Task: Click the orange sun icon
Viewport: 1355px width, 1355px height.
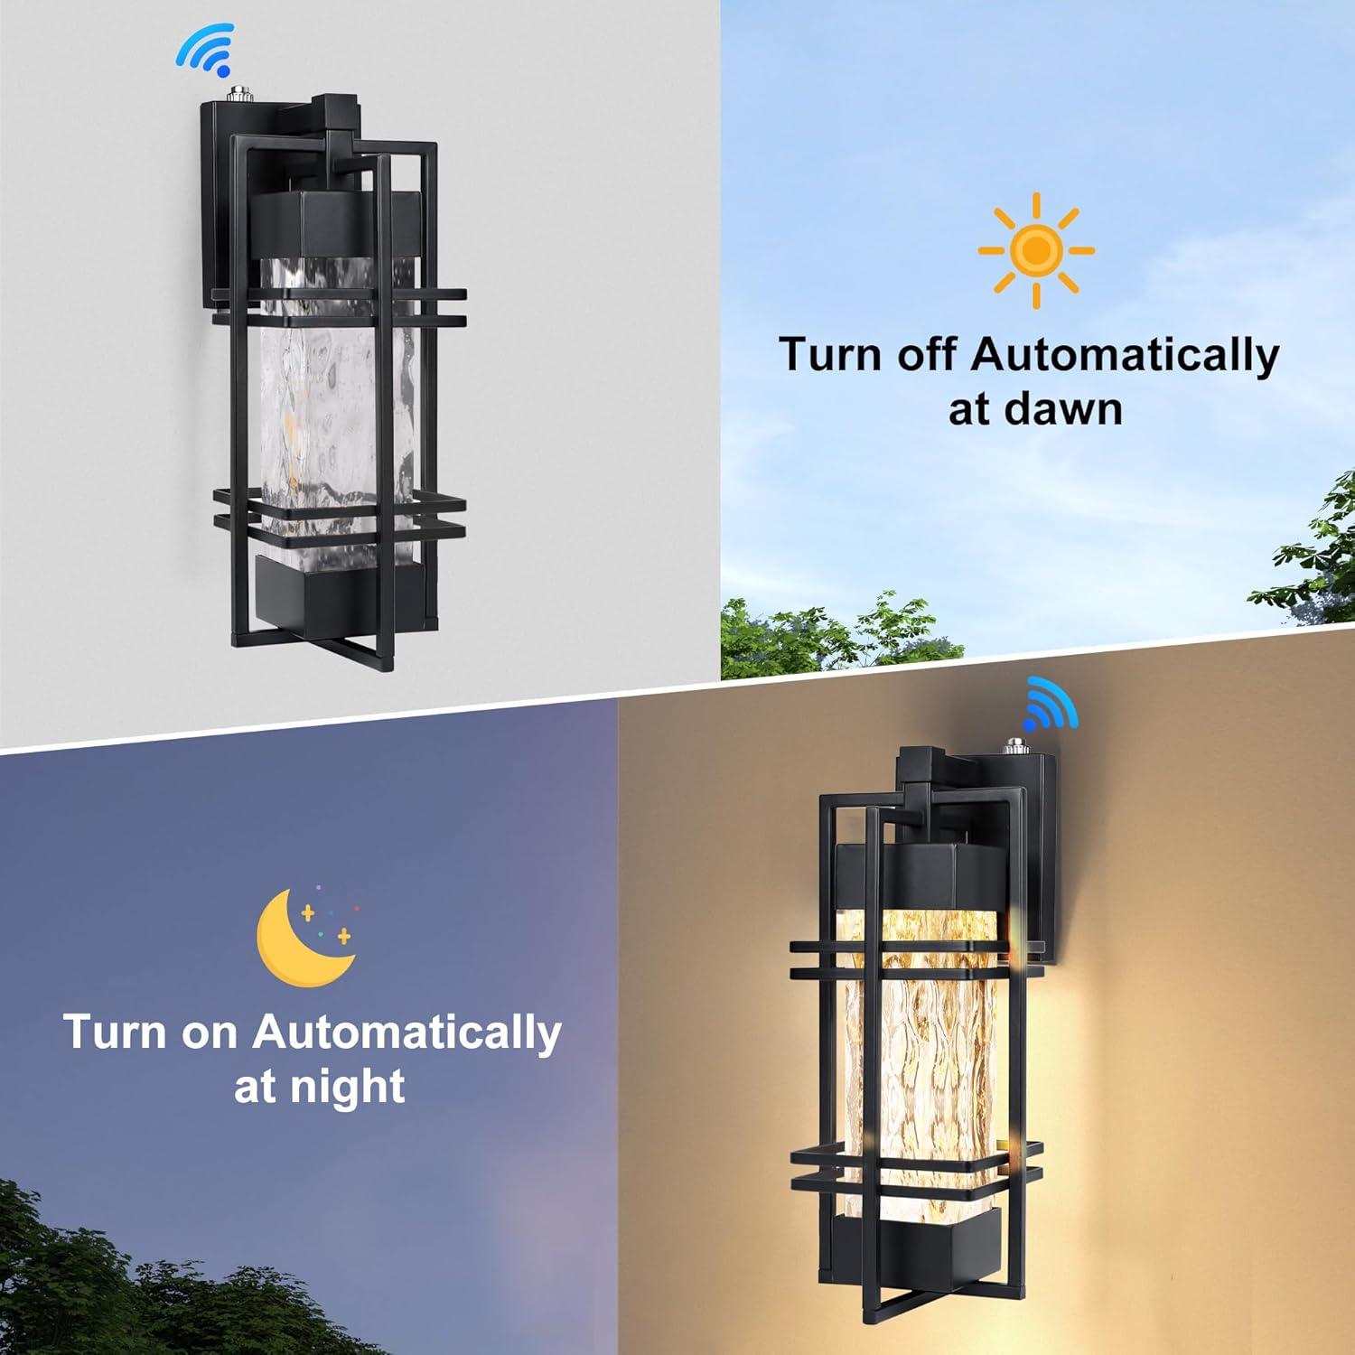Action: point(1036,250)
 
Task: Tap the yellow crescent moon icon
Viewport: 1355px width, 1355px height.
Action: point(303,939)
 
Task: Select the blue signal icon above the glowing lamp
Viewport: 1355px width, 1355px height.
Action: point(1050,706)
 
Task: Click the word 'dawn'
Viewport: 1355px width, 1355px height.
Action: point(1079,409)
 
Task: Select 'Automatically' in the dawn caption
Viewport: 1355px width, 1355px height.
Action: point(1125,355)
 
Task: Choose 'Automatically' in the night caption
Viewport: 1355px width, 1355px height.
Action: point(406,1033)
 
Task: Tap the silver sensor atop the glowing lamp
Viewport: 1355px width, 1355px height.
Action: point(1009,748)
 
